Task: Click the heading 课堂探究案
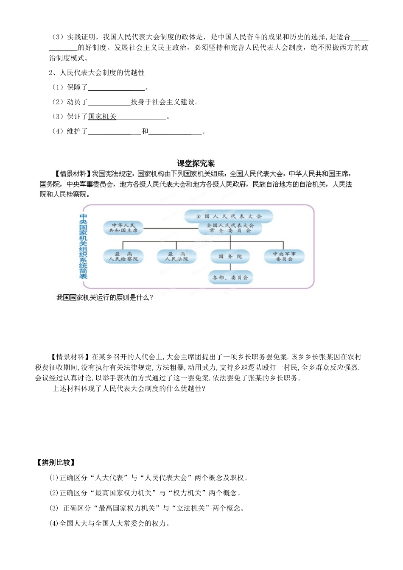pyautogui.click(x=196, y=163)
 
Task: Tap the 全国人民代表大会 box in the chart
pyautogui.click(x=229, y=216)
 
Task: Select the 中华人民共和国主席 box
pyautogui.click(x=123, y=228)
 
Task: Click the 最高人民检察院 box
pyautogui.click(x=123, y=257)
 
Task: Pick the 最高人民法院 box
pyautogui.click(x=176, y=257)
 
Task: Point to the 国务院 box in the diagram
pyautogui.click(x=230, y=257)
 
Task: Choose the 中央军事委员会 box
pyautogui.click(x=284, y=257)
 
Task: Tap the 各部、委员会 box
pyautogui.click(x=230, y=277)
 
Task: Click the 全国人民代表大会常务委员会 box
pyautogui.click(x=230, y=228)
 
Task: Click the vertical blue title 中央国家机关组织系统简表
pyautogui.click(x=83, y=246)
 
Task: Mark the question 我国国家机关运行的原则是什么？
pyautogui.click(x=105, y=298)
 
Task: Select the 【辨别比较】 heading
pyautogui.click(x=55, y=462)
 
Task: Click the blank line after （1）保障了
pyautogui.click(x=116, y=88)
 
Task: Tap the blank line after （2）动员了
pyautogui.click(x=109, y=103)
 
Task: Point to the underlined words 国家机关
pyautogui.click(x=102, y=117)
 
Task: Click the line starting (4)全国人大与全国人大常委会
pyautogui.click(x=110, y=523)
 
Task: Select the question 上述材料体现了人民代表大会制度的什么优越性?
pyautogui.click(x=129, y=388)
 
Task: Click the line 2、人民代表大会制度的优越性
pyautogui.click(x=97, y=73)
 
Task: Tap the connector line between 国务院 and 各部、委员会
pyautogui.click(x=230, y=267)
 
